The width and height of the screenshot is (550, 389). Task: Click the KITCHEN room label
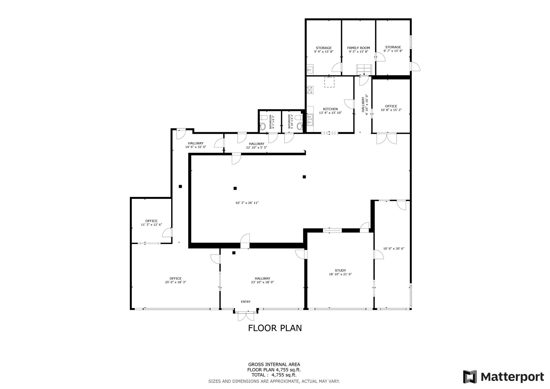point(330,109)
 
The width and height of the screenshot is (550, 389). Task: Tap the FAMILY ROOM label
point(358,48)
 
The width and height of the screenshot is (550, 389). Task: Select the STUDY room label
point(340,271)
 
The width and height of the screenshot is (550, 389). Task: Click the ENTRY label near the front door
point(245,302)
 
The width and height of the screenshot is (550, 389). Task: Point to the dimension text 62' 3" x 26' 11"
point(247,203)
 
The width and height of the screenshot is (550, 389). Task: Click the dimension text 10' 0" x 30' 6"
point(393,248)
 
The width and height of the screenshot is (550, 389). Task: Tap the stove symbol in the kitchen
point(310,90)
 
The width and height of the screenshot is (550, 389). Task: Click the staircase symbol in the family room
point(364,70)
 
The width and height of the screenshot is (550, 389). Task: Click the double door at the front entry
point(246,316)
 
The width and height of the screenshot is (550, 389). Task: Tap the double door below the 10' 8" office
point(386,139)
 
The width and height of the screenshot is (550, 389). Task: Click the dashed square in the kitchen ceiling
point(329,82)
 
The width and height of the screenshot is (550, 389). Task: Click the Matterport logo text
point(512,377)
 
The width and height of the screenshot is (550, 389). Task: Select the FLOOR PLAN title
point(275,328)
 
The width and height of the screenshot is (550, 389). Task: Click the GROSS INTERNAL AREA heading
point(274,365)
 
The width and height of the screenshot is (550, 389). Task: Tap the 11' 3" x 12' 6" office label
point(151,223)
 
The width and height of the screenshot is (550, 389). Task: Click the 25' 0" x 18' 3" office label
point(175,280)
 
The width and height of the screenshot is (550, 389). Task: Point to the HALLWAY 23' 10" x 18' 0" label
point(262,280)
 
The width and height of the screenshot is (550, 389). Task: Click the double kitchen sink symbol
point(310,120)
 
